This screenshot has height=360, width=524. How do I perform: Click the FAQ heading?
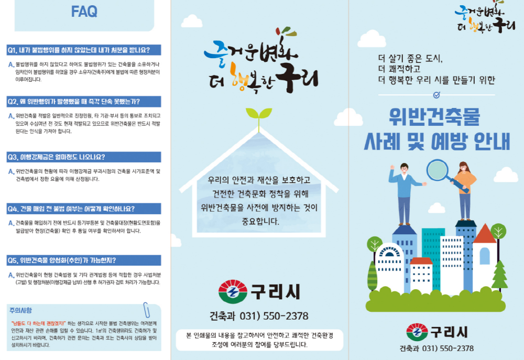pyautogui.click(x=84, y=12)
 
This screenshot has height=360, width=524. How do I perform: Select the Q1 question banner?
pyautogui.click(x=84, y=50)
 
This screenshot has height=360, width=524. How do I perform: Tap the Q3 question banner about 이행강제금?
pyautogui.click(x=84, y=157)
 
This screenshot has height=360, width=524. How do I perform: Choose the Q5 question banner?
pyautogui.click(x=84, y=260)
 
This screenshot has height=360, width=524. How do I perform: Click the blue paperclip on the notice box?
pyautogui.click(x=146, y=310)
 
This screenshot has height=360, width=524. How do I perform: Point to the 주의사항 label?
pyautogui.click(x=20, y=310)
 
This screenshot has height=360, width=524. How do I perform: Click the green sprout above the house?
pyautogui.click(x=259, y=118)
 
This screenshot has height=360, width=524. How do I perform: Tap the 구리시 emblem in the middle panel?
pyautogui.click(x=233, y=291)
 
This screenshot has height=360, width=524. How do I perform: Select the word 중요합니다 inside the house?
pyautogui.click(x=260, y=221)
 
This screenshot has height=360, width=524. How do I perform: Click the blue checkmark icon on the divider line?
pyautogui.click(x=436, y=95)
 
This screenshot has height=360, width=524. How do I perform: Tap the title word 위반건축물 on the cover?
pyautogui.click(x=434, y=117)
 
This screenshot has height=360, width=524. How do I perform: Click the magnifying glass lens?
pyautogui.click(x=437, y=170)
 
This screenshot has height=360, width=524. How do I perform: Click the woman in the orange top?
pyautogui.click(x=464, y=191)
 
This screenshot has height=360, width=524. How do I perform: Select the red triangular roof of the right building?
pyautogui.click(x=485, y=234)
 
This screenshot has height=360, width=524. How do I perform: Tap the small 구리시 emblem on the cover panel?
pyautogui.click(x=417, y=332)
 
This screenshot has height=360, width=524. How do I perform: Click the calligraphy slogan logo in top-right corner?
pyautogui.click(x=485, y=18)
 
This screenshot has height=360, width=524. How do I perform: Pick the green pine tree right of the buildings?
pyautogui.click(x=499, y=276)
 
